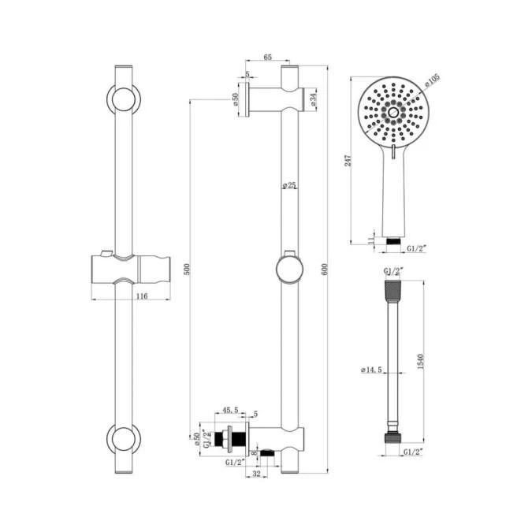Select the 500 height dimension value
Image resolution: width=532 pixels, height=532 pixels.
[186, 268]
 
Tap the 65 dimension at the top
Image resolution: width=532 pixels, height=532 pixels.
[267, 58]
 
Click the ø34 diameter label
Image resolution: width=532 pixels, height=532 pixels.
[313, 99]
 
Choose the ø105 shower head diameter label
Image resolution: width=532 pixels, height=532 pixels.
[431, 80]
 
